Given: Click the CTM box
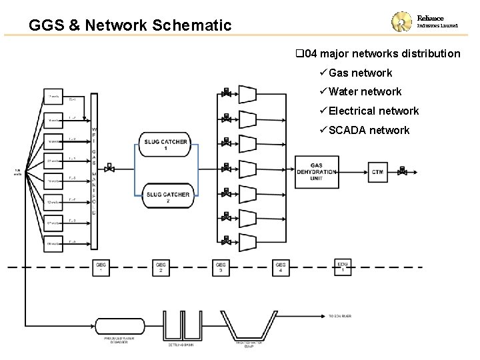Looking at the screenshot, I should (x=377, y=172).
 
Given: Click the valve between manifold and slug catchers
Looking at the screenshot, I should (x=111, y=169).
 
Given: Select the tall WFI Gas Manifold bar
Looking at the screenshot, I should (x=94, y=170).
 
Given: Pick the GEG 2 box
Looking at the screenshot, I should (x=161, y=267).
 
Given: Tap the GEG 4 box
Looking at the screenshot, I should (x=281, y=267).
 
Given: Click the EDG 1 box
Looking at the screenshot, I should (x=343, y=267).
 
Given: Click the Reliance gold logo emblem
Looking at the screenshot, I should (x=403, y=24).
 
